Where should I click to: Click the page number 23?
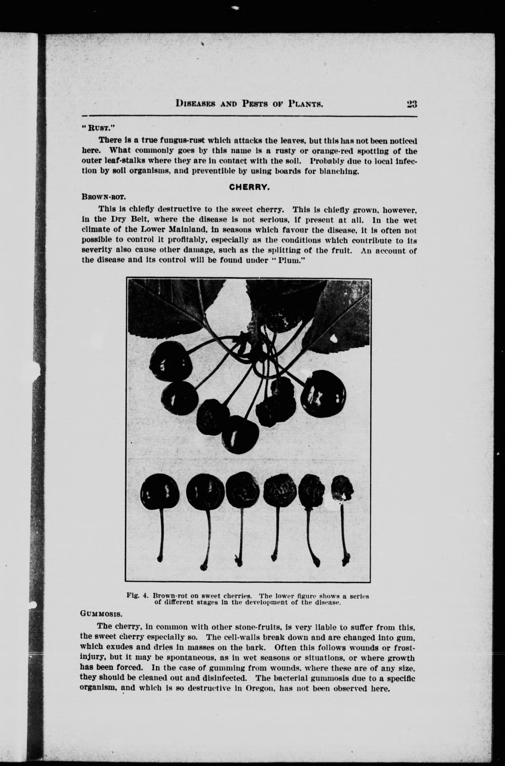[412, 104]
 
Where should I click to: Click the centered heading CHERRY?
[249, 187]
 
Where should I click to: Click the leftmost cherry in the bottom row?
[160, 491]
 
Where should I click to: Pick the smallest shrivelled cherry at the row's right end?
[342, 490]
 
